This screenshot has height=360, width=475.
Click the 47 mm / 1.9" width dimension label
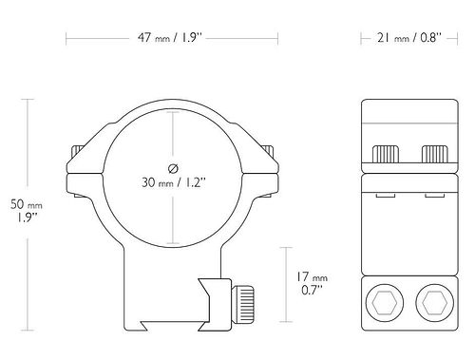170,38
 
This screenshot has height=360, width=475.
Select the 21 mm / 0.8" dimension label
408,38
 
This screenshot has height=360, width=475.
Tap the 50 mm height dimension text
27,211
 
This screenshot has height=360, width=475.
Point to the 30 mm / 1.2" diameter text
174,182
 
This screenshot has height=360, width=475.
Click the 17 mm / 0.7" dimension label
312,283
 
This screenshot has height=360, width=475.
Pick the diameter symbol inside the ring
173,169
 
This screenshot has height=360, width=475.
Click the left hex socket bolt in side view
385,303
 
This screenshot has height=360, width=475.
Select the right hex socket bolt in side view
434,303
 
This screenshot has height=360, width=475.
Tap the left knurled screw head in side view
386,154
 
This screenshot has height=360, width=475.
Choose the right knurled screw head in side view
435,154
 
